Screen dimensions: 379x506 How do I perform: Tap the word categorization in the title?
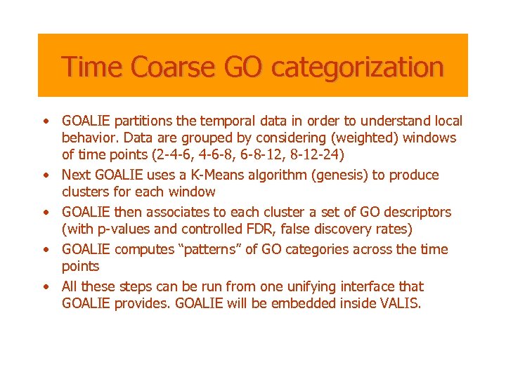coord(357,67)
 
